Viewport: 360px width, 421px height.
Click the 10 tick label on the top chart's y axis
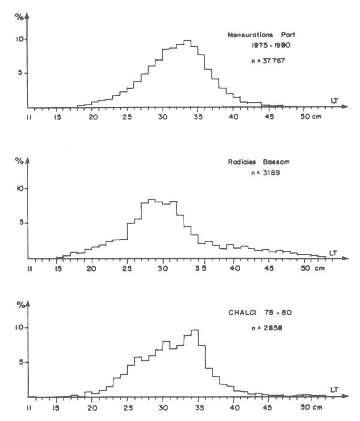(19, 39)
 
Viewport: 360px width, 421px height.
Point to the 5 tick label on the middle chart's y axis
(20, 223)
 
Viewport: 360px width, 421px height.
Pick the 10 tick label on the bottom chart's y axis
(19, 327)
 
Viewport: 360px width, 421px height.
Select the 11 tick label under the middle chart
(29, 268)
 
